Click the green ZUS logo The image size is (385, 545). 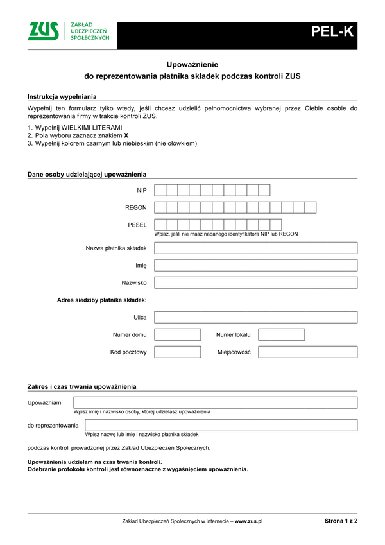[43, 31]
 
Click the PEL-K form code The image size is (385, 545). [332, 31]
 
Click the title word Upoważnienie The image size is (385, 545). [193, 64]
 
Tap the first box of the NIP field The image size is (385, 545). [160, 190]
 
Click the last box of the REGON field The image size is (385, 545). [311, 207]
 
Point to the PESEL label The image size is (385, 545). [137, 225]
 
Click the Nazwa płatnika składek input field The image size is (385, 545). [255, 248]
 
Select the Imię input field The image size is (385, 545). [255, 265]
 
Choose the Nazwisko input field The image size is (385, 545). [255, 282]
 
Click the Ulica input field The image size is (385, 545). [255, 317]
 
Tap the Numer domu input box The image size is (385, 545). [178, 334]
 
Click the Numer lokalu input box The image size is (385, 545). [281, 334]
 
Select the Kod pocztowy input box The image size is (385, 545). [178, 352]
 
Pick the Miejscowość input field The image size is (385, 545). [307, 352]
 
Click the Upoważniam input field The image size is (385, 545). [215, 402]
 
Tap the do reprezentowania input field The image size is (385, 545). [221, 425]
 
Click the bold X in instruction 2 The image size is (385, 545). [126, 136]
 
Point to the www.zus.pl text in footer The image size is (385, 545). [249, 522]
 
